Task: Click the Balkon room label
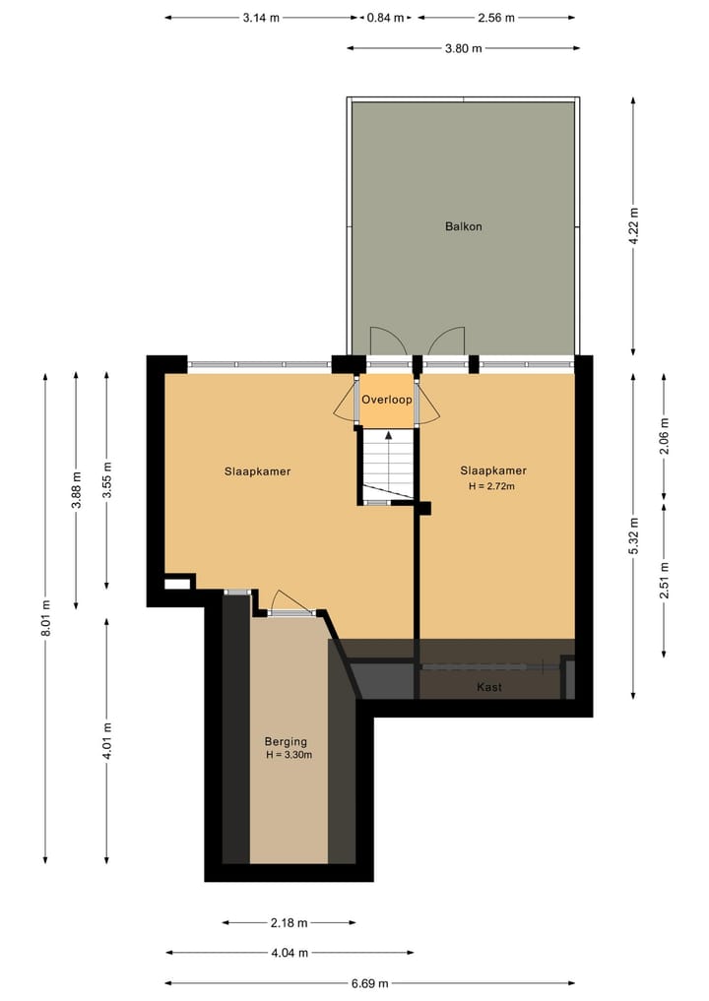click(463, 226)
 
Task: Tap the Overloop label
click(387, 400)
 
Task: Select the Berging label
click(286, 741)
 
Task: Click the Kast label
click(489, 687)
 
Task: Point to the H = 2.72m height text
click(492, 485)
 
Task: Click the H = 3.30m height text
click(289, 755)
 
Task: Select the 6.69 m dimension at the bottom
click(369, 983)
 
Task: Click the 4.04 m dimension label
click(290, 953)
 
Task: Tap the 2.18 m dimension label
click(290, 922)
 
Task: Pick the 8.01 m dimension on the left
click(45, 617)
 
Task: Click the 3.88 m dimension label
click(76, 489)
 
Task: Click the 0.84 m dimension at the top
click(385, 18)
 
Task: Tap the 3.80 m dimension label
click(463, 48)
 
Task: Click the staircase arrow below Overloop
click(388, 435)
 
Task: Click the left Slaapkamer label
click(257, 471)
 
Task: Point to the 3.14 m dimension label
click(261, 18)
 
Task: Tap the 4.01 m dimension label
click(107, 740)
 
